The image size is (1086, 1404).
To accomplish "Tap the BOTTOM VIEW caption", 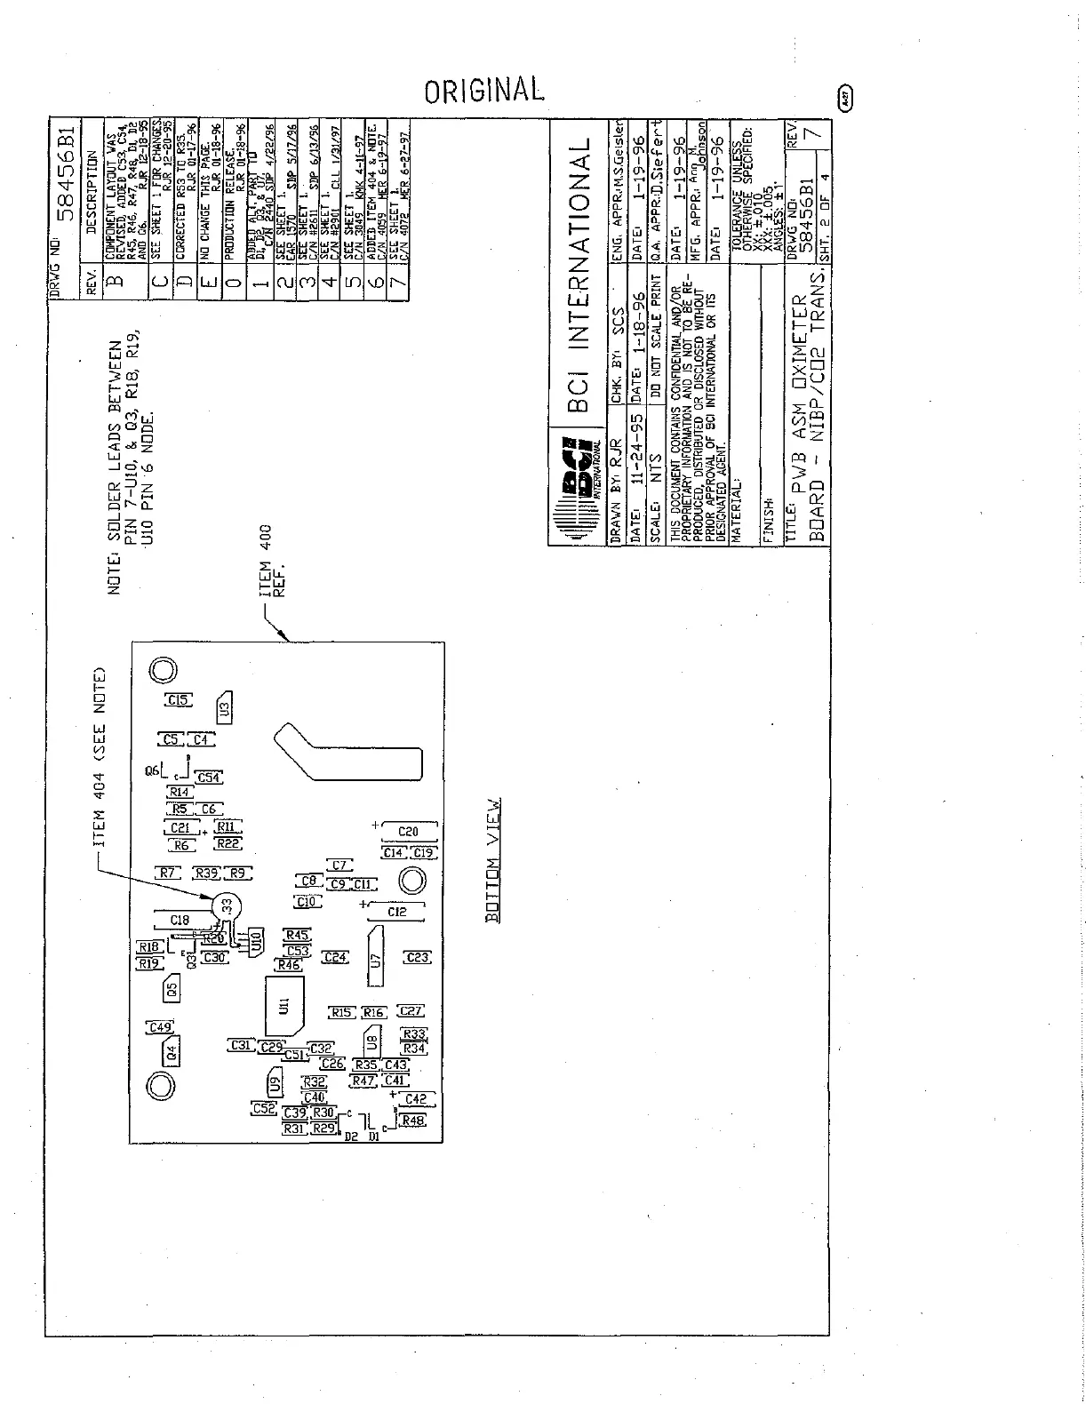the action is click(x=494, y=859).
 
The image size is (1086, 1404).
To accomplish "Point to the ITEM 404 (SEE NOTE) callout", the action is click(x=100, y=755).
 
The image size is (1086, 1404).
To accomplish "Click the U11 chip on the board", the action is click(x=283, y=1006).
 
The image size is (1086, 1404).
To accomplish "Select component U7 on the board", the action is click(x=376, y=959).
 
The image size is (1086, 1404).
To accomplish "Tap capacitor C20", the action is click(x=408, y=832).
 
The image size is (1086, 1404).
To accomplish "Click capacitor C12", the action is click(x=397, y=912).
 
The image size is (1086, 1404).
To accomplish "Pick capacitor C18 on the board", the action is click(x=180, y=921).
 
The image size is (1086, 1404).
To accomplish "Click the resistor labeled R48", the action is click(x=413, y=1121).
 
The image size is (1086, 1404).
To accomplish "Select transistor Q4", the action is click(x=172, y=1053).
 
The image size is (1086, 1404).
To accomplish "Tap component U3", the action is click(x=225, y=709).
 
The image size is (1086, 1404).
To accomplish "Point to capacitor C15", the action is click(x=178, y=700).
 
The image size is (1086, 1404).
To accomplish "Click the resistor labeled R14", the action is click(x=180, y=791).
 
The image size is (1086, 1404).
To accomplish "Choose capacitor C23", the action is click(x=417, y=957).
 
